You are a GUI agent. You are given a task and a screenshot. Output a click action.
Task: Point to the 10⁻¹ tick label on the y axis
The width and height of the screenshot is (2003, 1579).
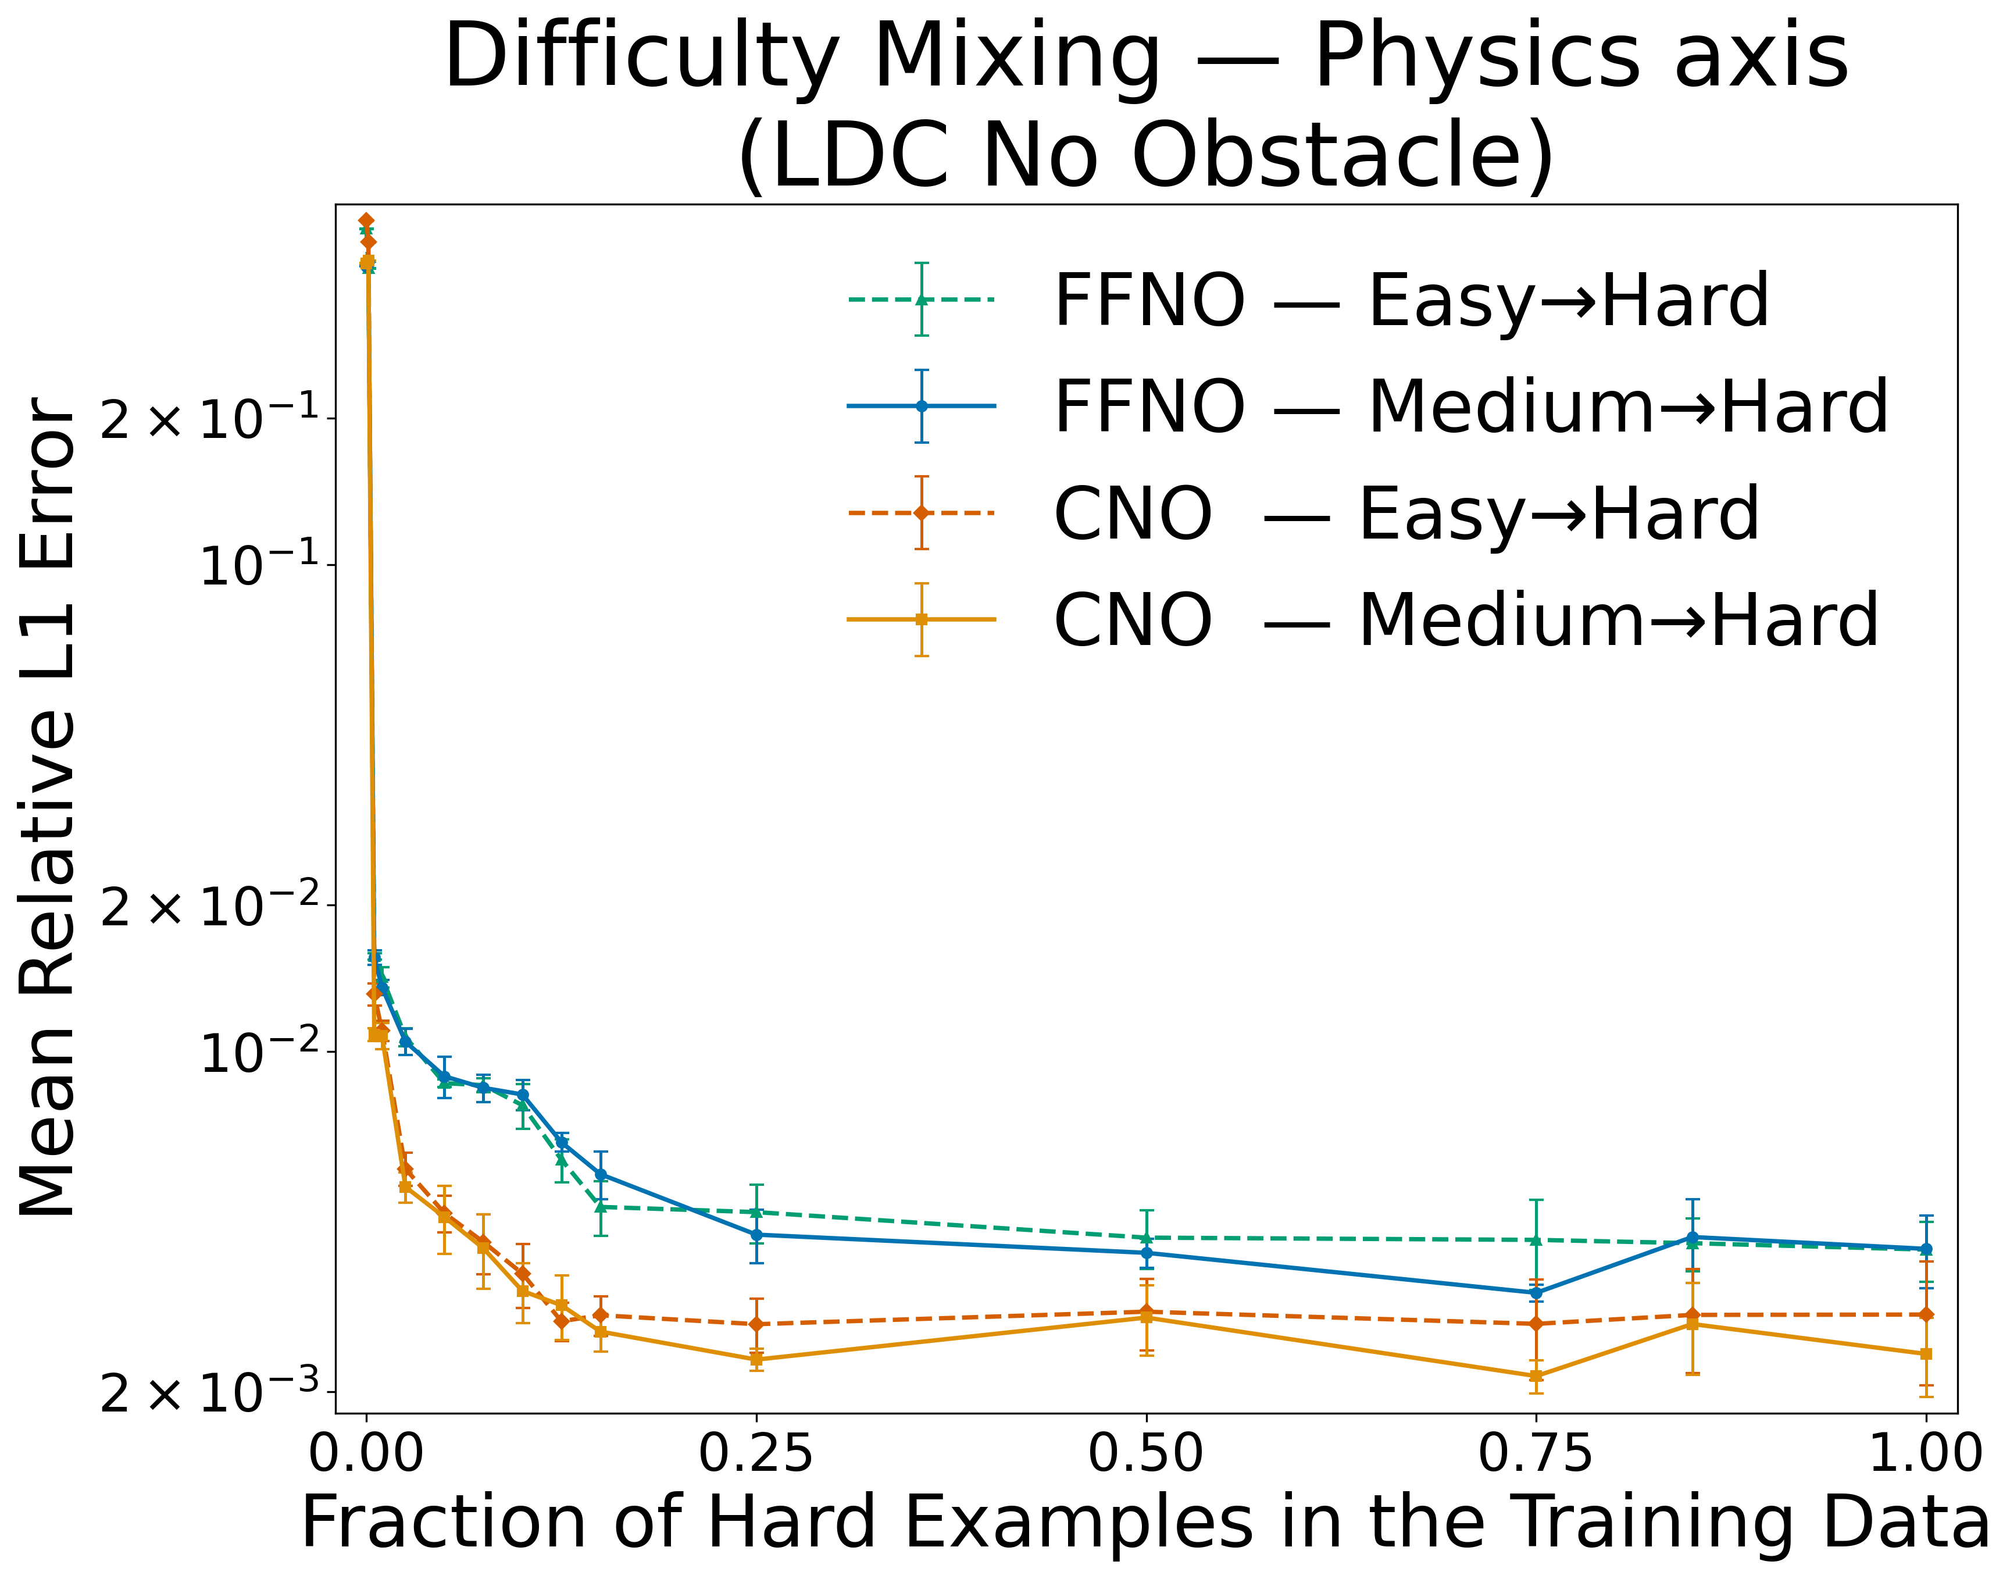[260, 564]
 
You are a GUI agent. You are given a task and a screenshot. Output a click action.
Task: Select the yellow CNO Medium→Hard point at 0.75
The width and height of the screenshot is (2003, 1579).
[1536, 1375]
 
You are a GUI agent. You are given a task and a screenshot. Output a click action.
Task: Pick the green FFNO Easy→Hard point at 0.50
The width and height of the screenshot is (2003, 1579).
[1146, 1238]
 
